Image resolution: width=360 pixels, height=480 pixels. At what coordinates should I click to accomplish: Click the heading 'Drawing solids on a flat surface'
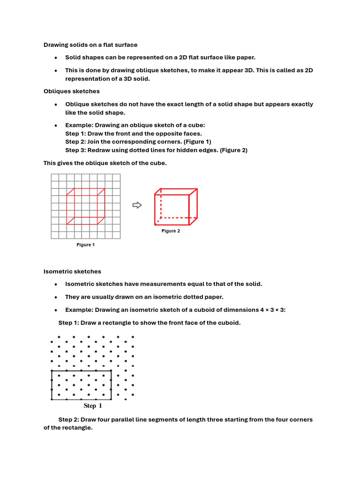(90, 45)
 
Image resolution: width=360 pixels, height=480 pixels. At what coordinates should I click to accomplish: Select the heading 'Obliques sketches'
(71, 91)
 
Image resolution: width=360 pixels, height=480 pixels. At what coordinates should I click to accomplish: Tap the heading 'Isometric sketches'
(72, 271)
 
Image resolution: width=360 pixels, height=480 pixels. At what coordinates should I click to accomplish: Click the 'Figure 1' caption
(86, 245)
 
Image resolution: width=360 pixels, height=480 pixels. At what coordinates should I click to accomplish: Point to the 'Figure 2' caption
(171, 231)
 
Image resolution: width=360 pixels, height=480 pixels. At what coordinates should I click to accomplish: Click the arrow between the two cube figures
(137, 205)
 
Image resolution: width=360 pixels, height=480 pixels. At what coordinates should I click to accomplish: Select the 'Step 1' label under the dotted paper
(92, 406)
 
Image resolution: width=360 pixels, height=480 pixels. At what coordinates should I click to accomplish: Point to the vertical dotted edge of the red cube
(161, 204)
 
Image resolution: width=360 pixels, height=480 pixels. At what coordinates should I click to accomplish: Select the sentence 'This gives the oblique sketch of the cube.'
(105, 163)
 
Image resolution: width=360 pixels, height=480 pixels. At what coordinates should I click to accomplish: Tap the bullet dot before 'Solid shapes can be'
(56, 58)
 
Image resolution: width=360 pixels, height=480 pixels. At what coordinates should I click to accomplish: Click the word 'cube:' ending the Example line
(197, 125)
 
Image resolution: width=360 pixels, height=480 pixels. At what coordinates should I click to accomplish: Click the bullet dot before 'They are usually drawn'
(56, 297)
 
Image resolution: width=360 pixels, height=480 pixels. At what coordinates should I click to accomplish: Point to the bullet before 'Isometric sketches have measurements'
(56, 285)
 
